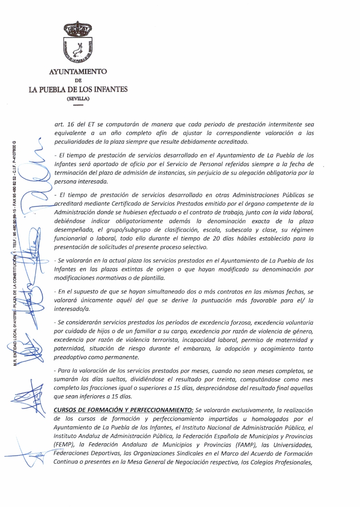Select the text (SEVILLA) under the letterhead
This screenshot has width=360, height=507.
78,98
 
